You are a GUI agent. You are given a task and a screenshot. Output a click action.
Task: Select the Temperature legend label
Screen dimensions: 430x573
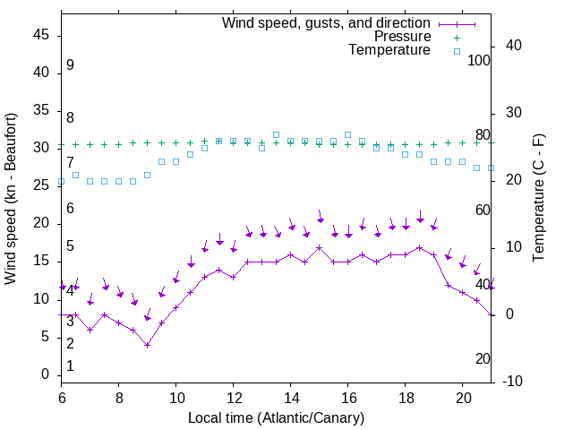(389, 50)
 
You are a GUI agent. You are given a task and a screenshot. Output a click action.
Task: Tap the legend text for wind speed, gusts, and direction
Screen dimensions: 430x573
(327, 22)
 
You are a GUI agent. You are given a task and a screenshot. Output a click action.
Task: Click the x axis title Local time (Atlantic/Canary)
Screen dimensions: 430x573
(277, 417)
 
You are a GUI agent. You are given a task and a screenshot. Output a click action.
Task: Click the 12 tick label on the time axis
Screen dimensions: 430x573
(234, 395)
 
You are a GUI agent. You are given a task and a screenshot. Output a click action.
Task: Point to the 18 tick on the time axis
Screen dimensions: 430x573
(406, 395)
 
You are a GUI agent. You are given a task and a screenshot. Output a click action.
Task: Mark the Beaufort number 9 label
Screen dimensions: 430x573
(70, 65)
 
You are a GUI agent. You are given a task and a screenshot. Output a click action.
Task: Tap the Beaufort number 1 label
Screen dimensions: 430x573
(70, 365)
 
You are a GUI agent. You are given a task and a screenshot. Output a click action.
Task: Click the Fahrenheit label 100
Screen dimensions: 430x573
(480, 60)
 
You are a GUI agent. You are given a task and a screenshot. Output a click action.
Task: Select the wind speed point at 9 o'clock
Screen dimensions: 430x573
(148, 344)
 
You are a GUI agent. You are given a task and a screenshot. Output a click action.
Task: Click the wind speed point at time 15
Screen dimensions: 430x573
(320, 246)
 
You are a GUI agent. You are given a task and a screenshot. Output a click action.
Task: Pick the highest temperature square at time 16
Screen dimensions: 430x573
(348, 135)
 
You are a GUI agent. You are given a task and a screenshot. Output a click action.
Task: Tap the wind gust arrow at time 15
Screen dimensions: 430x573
(320, 216)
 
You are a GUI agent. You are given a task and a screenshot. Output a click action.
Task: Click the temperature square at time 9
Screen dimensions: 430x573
(148, 175)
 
